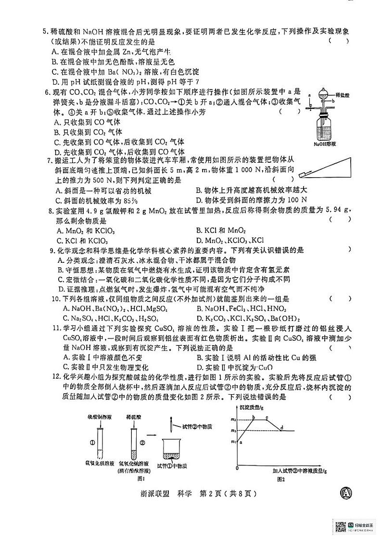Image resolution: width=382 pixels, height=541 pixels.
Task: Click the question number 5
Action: (44, 32)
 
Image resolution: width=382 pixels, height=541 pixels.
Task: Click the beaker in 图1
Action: (176, 450)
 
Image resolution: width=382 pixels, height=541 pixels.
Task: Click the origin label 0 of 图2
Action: (237, 468)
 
